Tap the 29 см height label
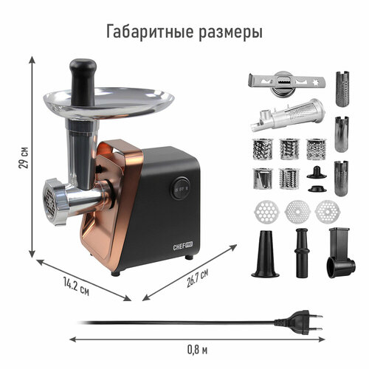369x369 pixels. (x=24, y=157)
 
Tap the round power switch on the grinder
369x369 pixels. (x=180, y=188)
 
